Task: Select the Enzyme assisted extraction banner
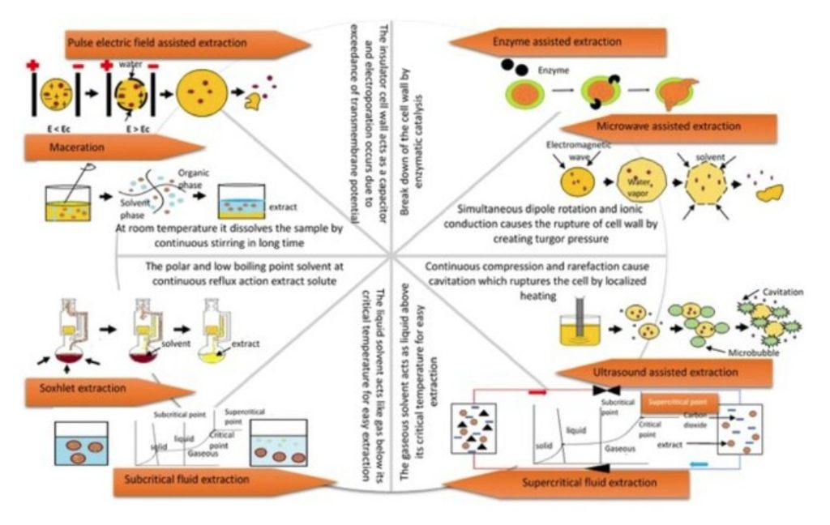pyautogui.click(x=559, y=41)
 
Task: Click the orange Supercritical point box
pyautogui.click(x=678, y=402)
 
